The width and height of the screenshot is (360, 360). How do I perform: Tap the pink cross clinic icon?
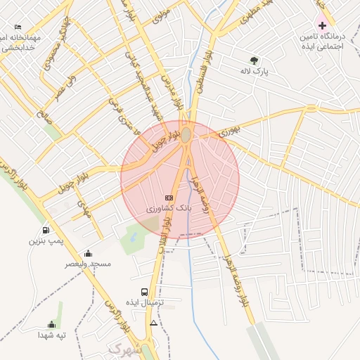point(322,25)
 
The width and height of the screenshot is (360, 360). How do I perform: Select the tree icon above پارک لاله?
point(254,60)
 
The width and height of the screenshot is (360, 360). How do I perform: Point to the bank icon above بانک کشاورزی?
point(169,198)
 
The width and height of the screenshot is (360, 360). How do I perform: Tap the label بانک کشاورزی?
point(169,210)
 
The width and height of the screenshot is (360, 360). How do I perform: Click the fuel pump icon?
point(46,230)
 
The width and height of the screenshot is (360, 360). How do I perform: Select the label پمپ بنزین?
point(46,241)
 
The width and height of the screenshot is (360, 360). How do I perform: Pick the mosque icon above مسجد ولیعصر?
point(88,253)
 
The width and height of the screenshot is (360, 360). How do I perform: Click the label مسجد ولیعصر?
point(89,264)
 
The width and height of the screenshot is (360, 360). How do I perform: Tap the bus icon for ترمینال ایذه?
point(144,292)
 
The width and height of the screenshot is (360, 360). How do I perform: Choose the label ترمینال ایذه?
point(145,302)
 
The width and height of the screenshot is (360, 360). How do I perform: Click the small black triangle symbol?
point(154,323)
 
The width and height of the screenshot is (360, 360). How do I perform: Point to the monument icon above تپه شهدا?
point(51,324)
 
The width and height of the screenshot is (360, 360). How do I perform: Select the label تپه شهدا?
point(52,335)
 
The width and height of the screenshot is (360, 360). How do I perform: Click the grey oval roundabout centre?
point(186,136)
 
